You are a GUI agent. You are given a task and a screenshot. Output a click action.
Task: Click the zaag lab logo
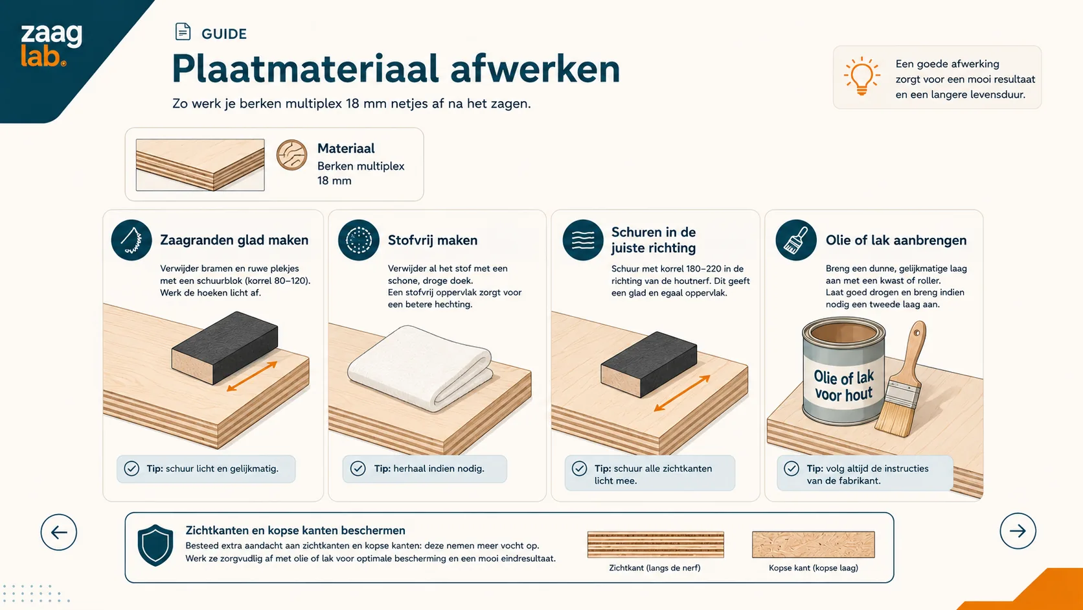point(51,45)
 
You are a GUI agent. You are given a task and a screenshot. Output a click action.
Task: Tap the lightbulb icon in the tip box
point(861,76)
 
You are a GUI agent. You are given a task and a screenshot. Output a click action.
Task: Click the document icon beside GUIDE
point(183,32)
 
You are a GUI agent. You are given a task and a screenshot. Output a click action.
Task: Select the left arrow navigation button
point(58,532)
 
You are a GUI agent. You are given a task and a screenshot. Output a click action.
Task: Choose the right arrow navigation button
point(1018,531)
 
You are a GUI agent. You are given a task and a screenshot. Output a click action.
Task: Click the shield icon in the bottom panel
point(155,545)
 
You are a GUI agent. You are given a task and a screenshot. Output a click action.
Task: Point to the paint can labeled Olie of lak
point(843,371)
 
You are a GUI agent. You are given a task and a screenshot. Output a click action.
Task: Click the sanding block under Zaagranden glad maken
point(225,347)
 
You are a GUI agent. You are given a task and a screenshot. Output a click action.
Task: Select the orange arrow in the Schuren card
point(681,393)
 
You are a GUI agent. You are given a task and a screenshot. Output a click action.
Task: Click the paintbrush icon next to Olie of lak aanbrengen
point(796,240)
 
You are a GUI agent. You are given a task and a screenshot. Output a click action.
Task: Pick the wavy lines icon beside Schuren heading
point(582,240)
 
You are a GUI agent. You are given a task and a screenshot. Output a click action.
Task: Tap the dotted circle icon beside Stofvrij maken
point(358,240)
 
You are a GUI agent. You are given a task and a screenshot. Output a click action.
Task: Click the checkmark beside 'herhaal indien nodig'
point(358,468)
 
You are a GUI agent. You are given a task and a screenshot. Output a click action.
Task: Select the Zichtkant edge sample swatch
point(655,545)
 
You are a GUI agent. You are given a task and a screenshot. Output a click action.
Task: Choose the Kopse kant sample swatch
point(813,545)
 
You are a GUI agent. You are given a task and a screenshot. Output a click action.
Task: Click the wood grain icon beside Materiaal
point(291,155)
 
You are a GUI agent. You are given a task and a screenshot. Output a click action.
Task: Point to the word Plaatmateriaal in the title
point(305,69)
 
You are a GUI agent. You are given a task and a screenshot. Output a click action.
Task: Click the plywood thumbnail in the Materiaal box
point(200,165)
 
